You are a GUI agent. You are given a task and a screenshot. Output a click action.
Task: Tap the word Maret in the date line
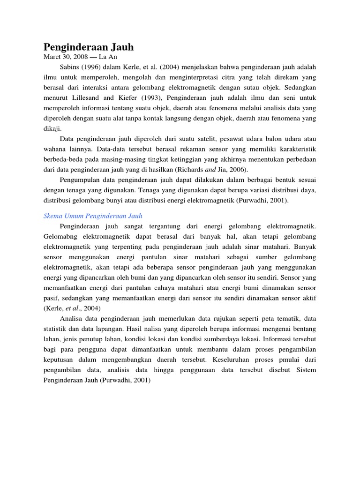click(52, 57)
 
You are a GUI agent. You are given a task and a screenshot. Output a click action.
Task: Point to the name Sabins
click(71, 67)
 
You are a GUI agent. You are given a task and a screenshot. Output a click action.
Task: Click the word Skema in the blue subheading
click(53, 216)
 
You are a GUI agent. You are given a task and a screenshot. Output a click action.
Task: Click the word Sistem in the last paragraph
click(306, 370)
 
